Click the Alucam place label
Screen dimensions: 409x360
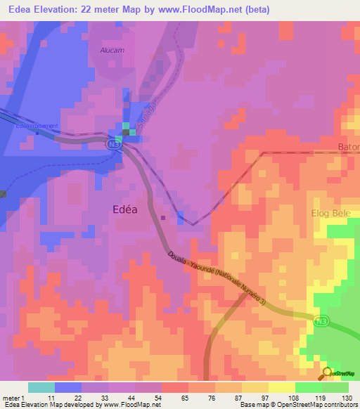click(113, 51)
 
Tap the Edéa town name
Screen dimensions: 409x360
click(129, 208)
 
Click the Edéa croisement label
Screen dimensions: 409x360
click(39, 126)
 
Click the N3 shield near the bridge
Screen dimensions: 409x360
click(113, 143)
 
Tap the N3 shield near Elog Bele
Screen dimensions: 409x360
click(321, 320)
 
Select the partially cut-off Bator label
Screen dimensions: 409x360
click(347, 148)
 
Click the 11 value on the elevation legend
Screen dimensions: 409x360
click(51, 398)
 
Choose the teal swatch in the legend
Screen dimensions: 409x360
click(41, 387)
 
